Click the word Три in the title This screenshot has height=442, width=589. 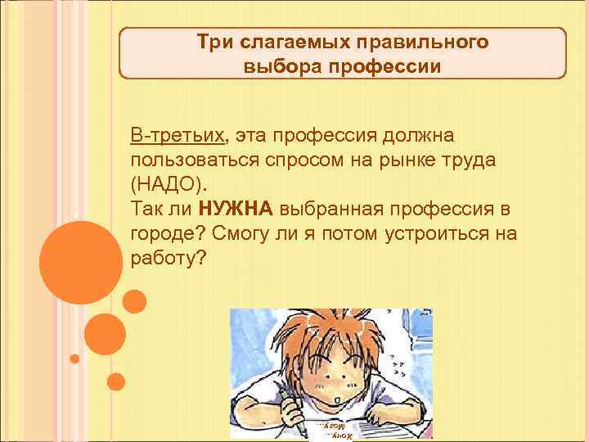click(x=214, y=42)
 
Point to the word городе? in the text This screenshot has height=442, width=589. click(x=166, y=233)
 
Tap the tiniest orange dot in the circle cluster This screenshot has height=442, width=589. click(x=74, y=358)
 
